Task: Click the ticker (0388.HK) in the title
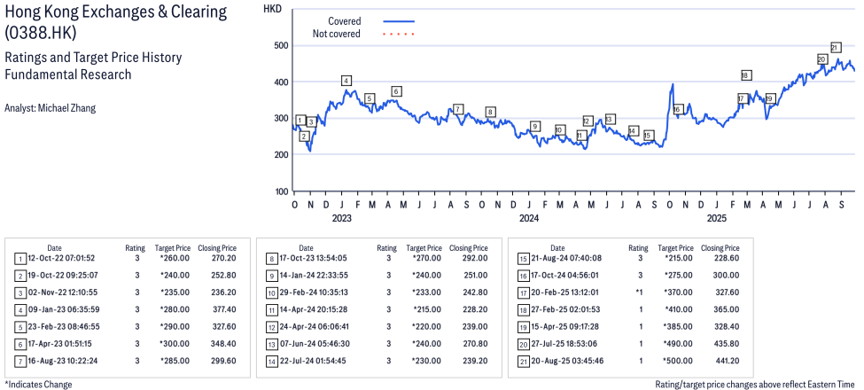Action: (x=40, y=33)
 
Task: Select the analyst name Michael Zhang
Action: (x=51, y=108)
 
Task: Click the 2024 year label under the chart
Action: (x=528, y=217)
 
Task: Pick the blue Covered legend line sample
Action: (x=399, y=20)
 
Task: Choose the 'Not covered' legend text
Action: (x=337, y=34)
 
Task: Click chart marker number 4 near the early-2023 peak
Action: (x=346, y=82)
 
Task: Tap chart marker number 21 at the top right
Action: (x=835, y=47)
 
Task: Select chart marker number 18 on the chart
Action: (x=745, y=75)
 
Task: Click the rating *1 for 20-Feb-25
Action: (x=639, y=292)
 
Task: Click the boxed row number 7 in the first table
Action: (x=19, y=361)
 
